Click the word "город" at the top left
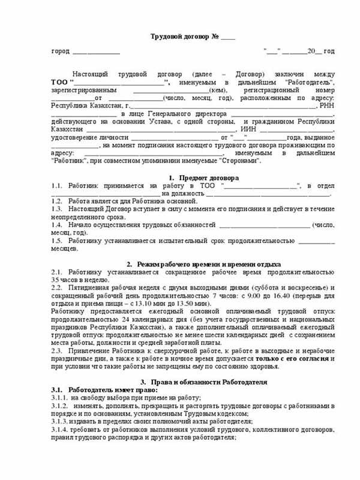(61, 53)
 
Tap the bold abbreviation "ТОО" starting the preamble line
(61, 82)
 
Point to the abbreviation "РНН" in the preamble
(325, 105)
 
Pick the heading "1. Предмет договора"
(203, 178)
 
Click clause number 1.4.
(57, 225)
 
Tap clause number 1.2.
(57, 201)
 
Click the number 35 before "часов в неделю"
(55, 280)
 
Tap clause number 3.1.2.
(59, 406)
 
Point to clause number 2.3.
(57, 350)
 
